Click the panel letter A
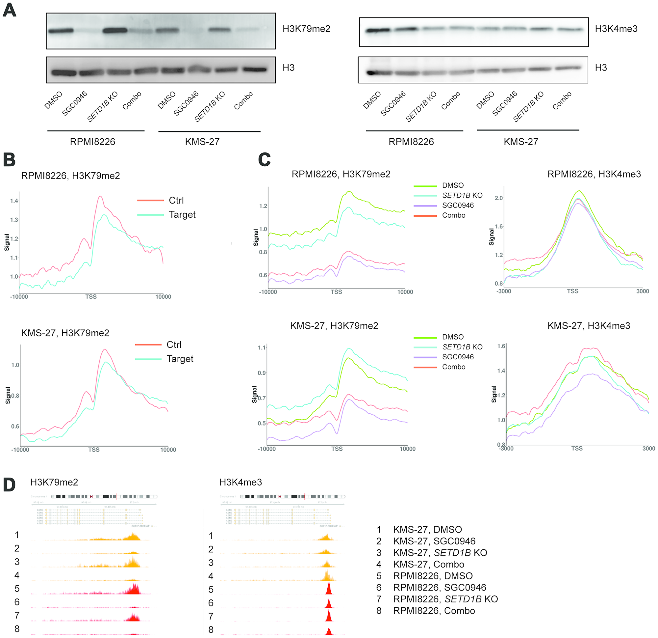(x=10, y=10)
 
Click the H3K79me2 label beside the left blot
(x=306, y=29)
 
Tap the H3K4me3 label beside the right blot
(x=616, y=29)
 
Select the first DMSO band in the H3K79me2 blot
(x=61, y=31)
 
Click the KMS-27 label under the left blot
(x=202, y=142)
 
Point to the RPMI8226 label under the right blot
(x=411, y=142)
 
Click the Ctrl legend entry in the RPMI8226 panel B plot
(x=176, y=200)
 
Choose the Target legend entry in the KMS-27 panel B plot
(x=180, y=359)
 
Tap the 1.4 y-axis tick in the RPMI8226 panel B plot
(x=14, y=201)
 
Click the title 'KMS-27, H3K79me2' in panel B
(x=65, y=333)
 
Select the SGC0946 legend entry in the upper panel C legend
(x=458, y=206)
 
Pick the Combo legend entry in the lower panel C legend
(x=454, y=367)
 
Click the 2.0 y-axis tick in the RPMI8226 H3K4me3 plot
(x=498, y=198)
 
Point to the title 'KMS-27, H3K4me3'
(x=589, y=326)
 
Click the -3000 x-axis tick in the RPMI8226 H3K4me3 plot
(x=504, y=291)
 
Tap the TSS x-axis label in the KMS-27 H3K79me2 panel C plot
(x=337, y=449)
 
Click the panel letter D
(x=9, y=485)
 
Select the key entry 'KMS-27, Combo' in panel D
(x=429, y=565)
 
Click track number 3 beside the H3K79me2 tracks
(x=17, y=562)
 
